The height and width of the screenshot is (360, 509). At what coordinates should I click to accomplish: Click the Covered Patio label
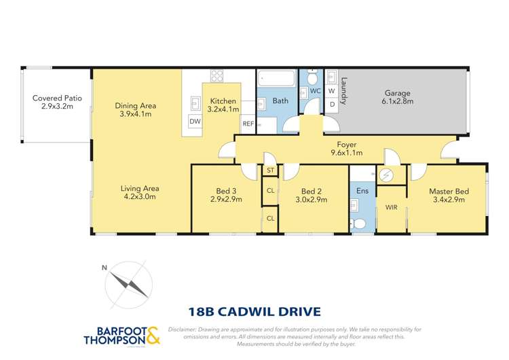tap(57, 98)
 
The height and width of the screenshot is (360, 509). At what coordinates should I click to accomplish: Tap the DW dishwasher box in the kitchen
tap(195, 121)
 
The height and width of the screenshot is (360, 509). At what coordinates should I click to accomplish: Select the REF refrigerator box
tap(248, 124)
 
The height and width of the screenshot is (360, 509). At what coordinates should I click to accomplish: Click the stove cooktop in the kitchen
tap(216, 76)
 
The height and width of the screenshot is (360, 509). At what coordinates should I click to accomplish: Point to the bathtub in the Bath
tap(278, 79)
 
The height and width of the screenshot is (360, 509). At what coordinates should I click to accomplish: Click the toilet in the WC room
tap(312, 77)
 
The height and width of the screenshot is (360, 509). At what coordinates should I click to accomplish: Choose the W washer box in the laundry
tap(331, 90)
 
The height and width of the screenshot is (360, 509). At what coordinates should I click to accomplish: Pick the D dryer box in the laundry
tap(331, 105)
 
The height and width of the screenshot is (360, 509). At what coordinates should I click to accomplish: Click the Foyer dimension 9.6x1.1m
tap(346, 154)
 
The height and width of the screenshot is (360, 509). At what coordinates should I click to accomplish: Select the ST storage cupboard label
tap(270, 170)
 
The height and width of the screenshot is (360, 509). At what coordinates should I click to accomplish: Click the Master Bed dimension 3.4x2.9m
tap(446, 200)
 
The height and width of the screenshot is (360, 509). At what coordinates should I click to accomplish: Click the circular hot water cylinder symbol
tap(386, 175)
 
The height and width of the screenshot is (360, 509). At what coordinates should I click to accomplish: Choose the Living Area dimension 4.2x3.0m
tap(139, 198)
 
